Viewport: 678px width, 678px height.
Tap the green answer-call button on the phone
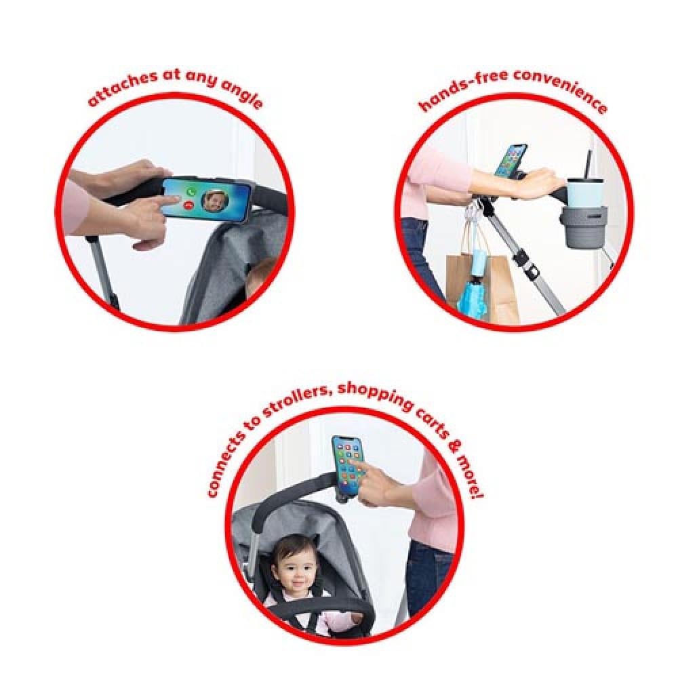click(x=190, y=192)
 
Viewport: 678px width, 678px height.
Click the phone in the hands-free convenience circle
click(x=511, y=161)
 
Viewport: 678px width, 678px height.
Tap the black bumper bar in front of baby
click(x=321, y=606)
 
